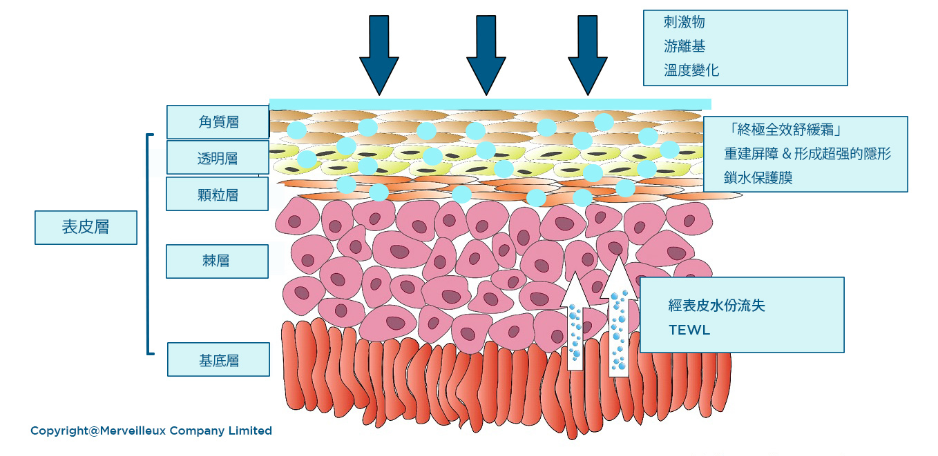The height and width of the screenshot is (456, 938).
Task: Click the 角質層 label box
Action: (218, 122)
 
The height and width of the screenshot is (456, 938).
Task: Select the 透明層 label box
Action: (218, 158)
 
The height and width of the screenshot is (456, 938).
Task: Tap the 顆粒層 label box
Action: (218, 194)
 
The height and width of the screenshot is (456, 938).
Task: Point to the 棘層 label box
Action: (217, 261)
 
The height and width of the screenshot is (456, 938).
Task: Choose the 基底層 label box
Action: (218, 359)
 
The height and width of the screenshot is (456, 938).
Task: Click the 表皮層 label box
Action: (86, 228)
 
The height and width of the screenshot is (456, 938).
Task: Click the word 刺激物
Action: (684, 23)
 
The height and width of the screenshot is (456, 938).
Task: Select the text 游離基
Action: (684, 46)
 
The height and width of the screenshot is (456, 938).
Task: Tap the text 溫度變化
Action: (691, 70)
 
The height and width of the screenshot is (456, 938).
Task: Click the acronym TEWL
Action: (689, 330)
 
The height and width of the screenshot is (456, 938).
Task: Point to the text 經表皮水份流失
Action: (716, 305)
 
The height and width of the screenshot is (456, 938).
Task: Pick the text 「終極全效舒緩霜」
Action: (784, 130)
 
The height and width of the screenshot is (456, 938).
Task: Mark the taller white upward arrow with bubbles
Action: (618, 317)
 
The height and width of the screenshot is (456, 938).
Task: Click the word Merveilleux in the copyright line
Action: (133, 430)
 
